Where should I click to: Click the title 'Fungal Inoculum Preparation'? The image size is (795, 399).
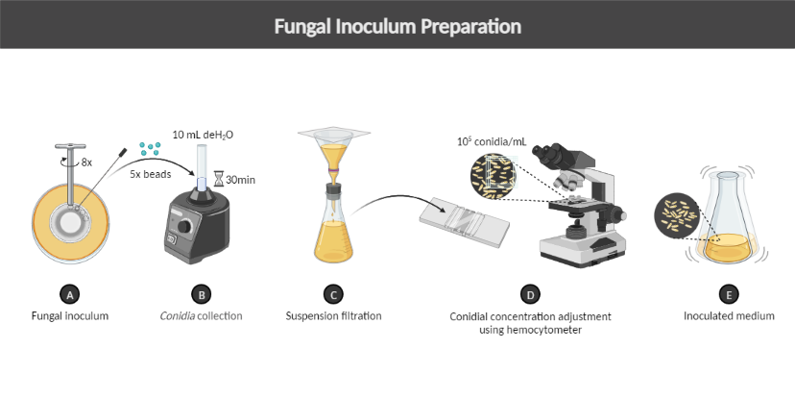click(397, 25)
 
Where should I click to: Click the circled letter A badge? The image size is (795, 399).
click(67, 293)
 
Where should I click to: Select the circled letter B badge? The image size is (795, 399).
click(201, 293)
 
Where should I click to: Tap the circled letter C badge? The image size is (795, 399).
click(332, 293)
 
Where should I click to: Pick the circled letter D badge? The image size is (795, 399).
click(530, 293)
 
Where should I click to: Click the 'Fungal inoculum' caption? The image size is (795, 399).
click(67, 315)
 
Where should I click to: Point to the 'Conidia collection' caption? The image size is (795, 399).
click(201, 315)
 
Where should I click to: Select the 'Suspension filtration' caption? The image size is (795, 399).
click(333, 315)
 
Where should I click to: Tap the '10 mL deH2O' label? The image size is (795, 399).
click(203, 135)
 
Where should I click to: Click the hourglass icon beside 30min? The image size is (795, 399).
click(218, 179)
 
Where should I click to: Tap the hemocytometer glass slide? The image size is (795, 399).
click(466, 223)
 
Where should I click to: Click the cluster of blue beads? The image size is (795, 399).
click(149, 148)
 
